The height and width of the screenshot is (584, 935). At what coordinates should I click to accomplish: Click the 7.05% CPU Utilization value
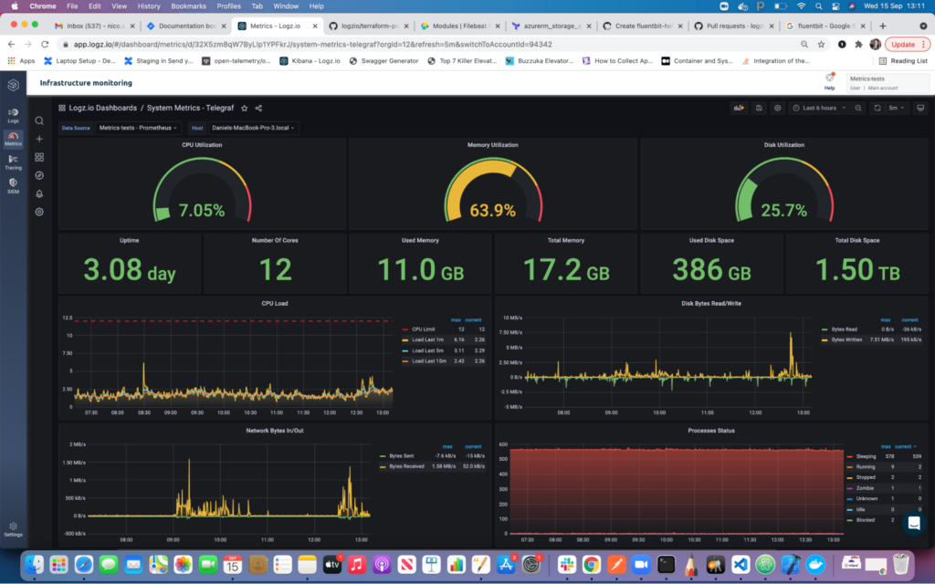202,211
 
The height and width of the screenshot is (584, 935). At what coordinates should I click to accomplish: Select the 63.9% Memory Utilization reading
493,211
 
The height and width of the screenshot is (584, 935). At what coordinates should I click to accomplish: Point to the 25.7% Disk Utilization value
783,211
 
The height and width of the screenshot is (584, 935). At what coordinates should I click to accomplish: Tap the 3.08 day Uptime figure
130,269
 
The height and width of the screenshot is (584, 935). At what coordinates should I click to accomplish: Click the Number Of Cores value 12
275,269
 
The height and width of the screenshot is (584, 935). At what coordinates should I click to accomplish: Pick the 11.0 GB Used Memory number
420,269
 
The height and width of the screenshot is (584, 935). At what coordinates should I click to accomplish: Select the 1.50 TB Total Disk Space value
856,269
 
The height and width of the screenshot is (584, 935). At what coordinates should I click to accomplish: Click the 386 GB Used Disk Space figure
711,269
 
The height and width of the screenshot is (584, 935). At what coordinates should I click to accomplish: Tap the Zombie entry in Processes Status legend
865,488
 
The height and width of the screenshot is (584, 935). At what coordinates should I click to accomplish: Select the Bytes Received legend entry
408,466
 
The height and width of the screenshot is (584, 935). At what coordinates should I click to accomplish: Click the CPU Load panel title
275,303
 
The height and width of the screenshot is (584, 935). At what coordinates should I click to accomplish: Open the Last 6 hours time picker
819,108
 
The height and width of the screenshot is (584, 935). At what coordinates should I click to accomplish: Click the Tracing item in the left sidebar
14,162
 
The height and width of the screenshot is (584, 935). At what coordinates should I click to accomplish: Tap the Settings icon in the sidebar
14,528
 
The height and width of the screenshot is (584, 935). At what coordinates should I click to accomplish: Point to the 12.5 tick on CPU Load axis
67,318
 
